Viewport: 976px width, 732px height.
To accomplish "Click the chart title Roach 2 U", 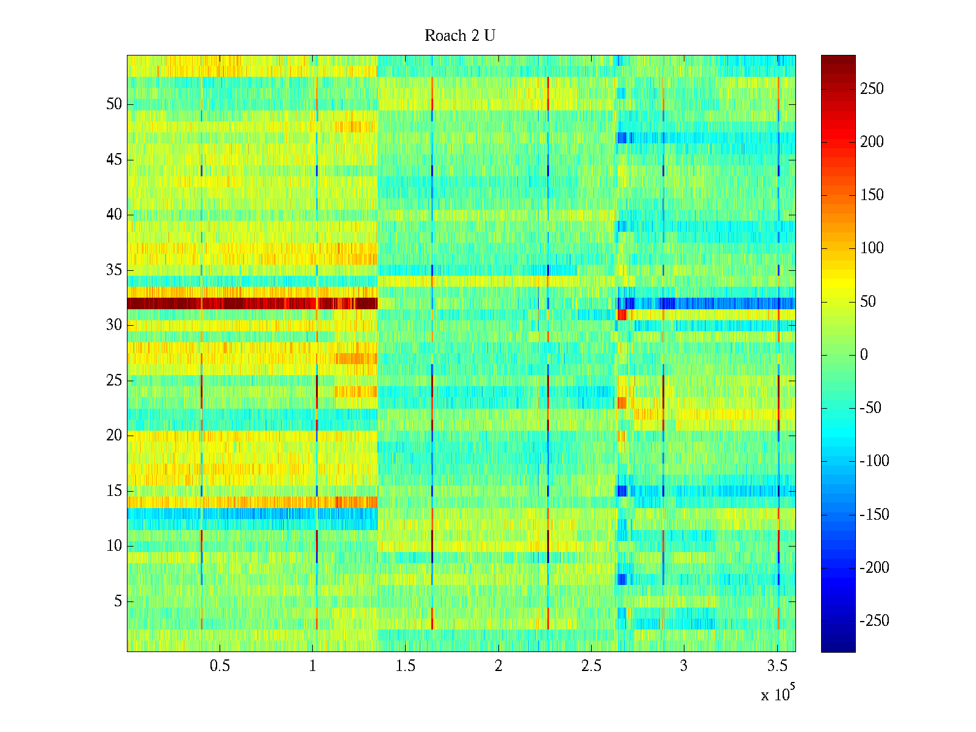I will (x=459, y=36).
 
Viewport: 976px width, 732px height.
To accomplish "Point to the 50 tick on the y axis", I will (x=114, y=104).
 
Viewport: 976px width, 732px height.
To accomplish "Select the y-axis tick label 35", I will (x=114, y=270).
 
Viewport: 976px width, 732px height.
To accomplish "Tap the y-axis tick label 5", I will (x=118, y=601).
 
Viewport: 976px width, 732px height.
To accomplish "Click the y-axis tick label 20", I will (x=114, y=436).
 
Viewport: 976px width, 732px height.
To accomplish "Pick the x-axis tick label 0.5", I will (x=220, y=666).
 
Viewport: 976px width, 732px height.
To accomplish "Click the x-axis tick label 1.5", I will (x=406, y=666).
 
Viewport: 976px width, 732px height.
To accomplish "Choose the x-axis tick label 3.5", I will (x=777, y=666).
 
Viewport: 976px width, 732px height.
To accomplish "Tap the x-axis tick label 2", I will (x=498, y=666).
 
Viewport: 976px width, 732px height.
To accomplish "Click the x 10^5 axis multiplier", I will (x=777, y=694).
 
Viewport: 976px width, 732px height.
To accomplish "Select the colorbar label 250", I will (x=872, y=89).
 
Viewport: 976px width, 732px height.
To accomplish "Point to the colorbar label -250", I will (x=874, y=621).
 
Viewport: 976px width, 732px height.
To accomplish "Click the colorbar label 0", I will (x=864, y=355).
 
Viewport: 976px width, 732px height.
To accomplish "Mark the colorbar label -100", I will (x=874, y=461).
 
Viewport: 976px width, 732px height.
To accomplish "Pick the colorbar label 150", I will (x=872, y=195).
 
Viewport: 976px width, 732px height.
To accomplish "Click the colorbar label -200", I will (x=874, y=568).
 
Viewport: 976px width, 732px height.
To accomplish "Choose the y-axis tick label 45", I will (x=114, y=160).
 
